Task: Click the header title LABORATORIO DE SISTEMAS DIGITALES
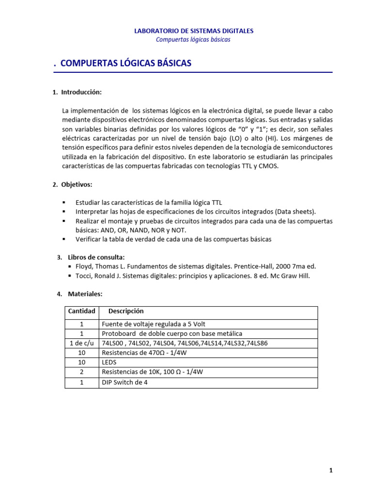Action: point(193,31)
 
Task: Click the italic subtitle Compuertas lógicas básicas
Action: point(193,39)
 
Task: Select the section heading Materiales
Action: point(85,294)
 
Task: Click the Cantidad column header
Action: point(82,311)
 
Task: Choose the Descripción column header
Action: point(126,311)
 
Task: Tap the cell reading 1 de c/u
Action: point(82,343)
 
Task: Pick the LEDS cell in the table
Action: point(109,362)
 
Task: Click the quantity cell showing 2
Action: point(82,372)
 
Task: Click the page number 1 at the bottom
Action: point(331,470)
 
